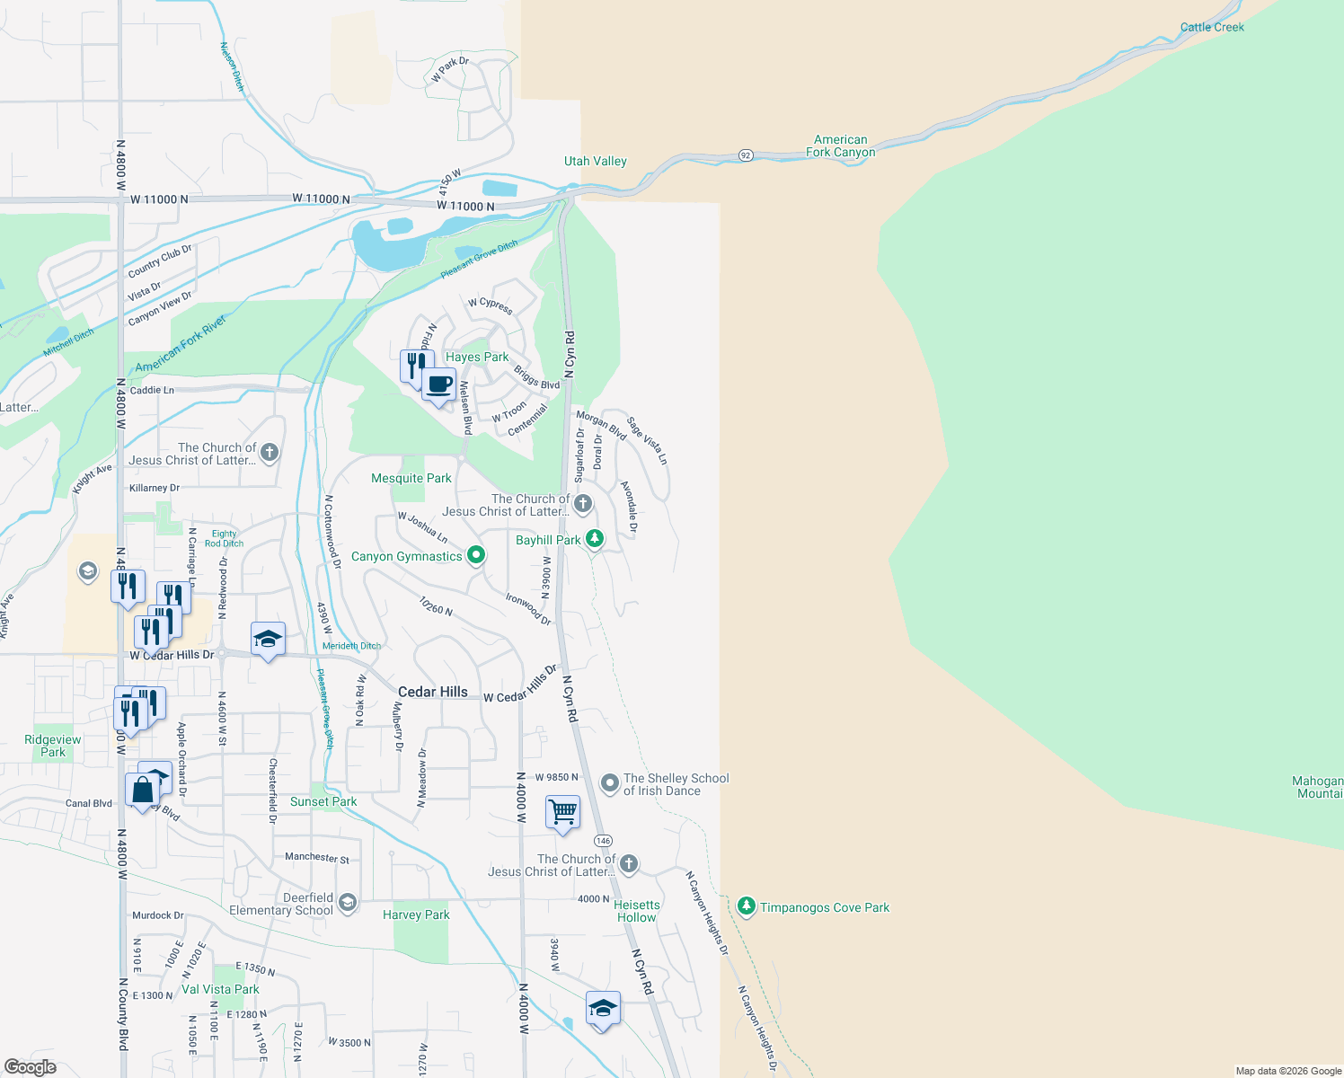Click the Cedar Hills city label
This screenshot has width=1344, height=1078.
[432, 692]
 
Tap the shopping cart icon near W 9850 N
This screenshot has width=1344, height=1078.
[562, 812]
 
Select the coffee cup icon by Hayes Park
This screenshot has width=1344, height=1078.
[438, 385]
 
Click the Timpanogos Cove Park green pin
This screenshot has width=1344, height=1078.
[746, 906]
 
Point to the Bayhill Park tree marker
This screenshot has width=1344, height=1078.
[594, 539]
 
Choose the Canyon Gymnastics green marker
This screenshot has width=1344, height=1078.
[477, 555]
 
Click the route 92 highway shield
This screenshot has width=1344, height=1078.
[746, 155]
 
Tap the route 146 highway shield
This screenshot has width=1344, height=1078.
[603, 841]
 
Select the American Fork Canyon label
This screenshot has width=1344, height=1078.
[840, 146]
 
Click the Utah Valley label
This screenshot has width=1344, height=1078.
[595, 162]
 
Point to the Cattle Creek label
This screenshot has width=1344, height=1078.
[1212, 27]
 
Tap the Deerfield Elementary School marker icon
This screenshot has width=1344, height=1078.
[349, 902]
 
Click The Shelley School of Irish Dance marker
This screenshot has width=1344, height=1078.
[610, 783]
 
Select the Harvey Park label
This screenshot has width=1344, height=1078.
[416, 915]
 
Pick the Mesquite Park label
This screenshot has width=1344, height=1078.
[411, 478]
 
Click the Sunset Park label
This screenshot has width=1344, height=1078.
[323, 801]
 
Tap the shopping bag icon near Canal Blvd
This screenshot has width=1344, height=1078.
[143, 791]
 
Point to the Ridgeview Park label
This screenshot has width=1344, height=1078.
[53, 746]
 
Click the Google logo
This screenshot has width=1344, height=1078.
[31, 1067]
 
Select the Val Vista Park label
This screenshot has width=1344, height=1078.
[220, 989]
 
